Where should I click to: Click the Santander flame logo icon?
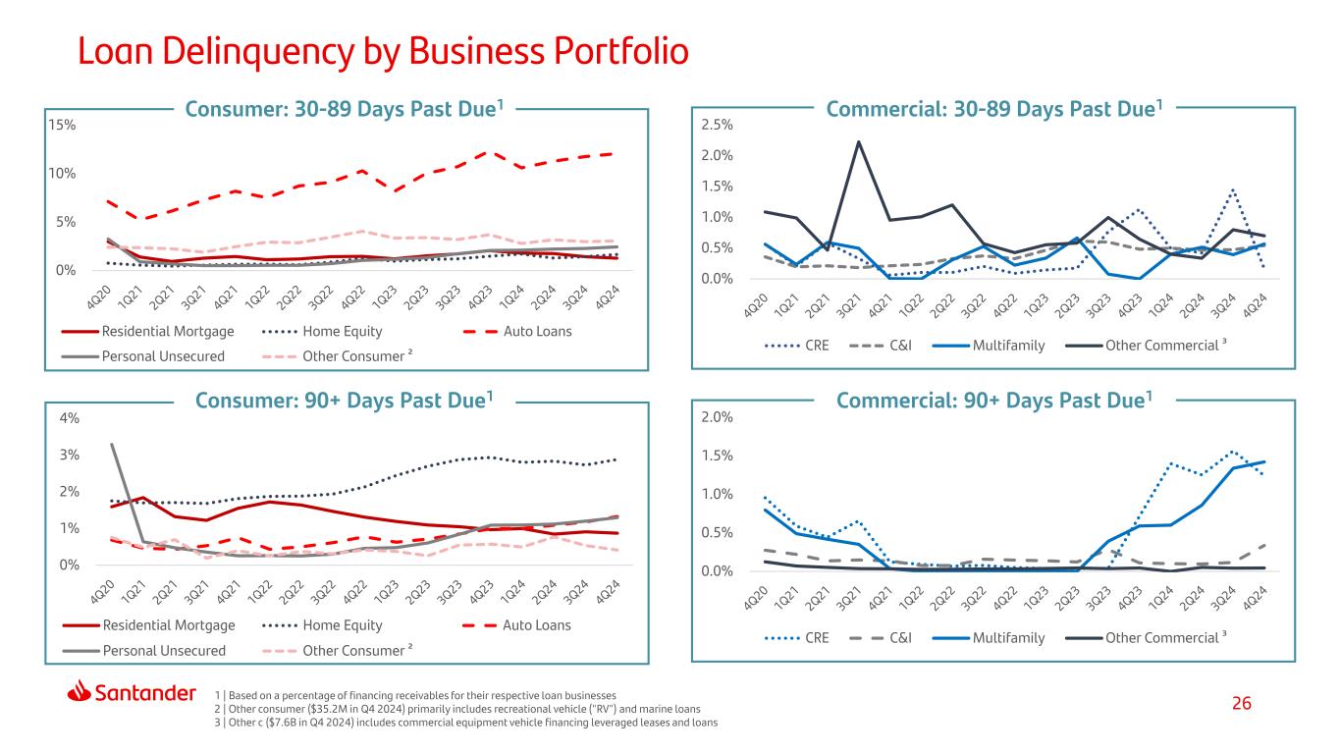coord(79,691)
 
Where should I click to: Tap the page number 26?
coord(1241,703)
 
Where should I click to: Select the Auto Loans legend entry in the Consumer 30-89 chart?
coord(517,331)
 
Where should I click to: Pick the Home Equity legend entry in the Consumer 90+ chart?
coord(322,625)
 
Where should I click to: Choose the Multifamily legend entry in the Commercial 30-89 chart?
coord(989,346)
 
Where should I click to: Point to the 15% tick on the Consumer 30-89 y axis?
coord(62,125)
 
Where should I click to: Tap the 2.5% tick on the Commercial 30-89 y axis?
coord(717,125)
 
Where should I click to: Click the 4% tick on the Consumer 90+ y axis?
coord(70,418)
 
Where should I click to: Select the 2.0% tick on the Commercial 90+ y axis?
coord(717,417)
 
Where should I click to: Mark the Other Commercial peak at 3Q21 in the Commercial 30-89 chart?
coord(858,141)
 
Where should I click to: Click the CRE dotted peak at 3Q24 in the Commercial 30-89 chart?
coord(1233,190)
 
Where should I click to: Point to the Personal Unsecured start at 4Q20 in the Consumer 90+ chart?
coord(112,444)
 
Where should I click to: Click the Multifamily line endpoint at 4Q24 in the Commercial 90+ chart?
coord(1264,462)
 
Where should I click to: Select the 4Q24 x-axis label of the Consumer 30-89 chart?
coord(607,297)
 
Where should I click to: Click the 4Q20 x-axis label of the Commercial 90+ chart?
coord(756,599)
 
